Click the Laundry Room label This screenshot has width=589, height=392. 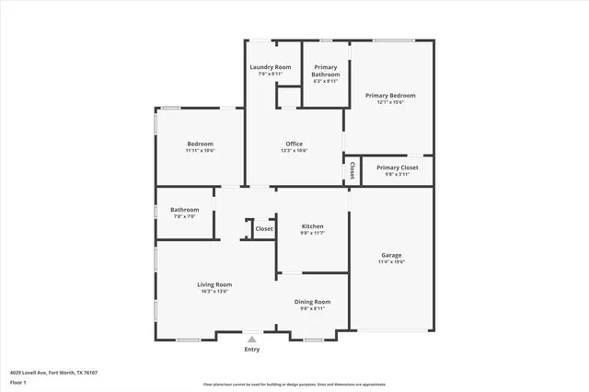(271, 67)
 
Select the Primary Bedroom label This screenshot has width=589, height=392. (390, 95)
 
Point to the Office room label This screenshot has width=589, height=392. (294, 144)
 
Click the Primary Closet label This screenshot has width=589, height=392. (398, 167)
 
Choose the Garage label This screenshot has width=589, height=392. (392, 255)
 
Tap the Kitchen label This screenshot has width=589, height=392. (313, 226)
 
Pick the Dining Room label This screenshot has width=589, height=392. (313, 302)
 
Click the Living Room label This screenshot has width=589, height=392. (214, 284)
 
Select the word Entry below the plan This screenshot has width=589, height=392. (251, 350)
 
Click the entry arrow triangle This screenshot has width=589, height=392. (251, 340)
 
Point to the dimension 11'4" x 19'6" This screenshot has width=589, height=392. (392, 262)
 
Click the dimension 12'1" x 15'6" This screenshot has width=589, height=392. (390, 102)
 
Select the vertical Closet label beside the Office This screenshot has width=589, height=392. (352, 170)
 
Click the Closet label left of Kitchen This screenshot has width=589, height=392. (264, 229)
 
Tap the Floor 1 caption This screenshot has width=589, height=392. (18, 382)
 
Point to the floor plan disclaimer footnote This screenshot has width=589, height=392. (294, 384)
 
